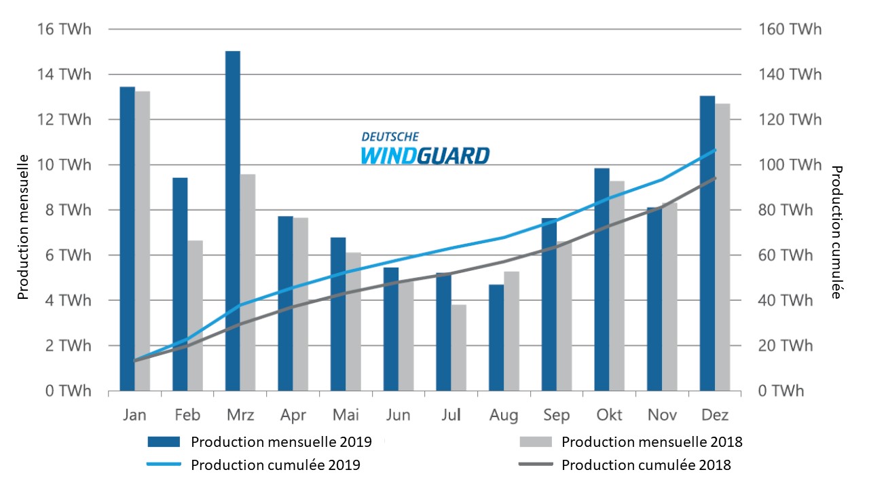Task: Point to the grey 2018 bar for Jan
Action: pos(143,241)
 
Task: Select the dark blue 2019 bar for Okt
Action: pos(602,279)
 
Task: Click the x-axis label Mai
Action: pos(345,415)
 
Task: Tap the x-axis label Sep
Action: pos(557,415)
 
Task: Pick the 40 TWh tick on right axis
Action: pos(781,300)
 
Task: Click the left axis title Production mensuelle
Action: pos(23,228)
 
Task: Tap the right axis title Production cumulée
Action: pos(837,232)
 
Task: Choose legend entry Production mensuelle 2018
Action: pos(652,442)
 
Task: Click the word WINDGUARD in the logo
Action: pos(424,156)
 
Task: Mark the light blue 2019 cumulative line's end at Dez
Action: pos(715,150)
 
